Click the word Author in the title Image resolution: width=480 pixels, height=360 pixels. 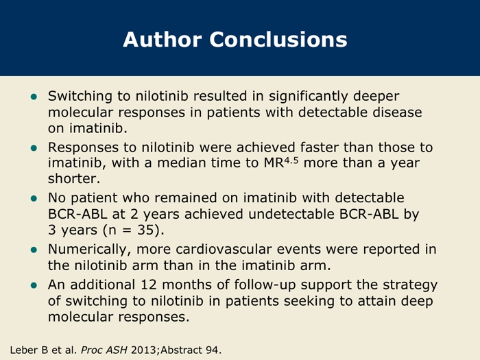coord(163,40)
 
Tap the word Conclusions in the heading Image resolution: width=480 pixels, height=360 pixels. coord(278,40)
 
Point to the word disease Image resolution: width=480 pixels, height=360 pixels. coord(397,112)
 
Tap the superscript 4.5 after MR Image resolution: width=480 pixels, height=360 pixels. coord(291,160)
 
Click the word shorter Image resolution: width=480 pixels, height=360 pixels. coord(74,178)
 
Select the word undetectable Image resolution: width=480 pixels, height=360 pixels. coord(291,214)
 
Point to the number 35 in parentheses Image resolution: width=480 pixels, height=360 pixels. coord(145,230)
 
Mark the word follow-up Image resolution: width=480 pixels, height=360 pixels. coord(265,286)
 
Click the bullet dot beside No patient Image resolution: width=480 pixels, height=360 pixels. coord(34,199)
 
